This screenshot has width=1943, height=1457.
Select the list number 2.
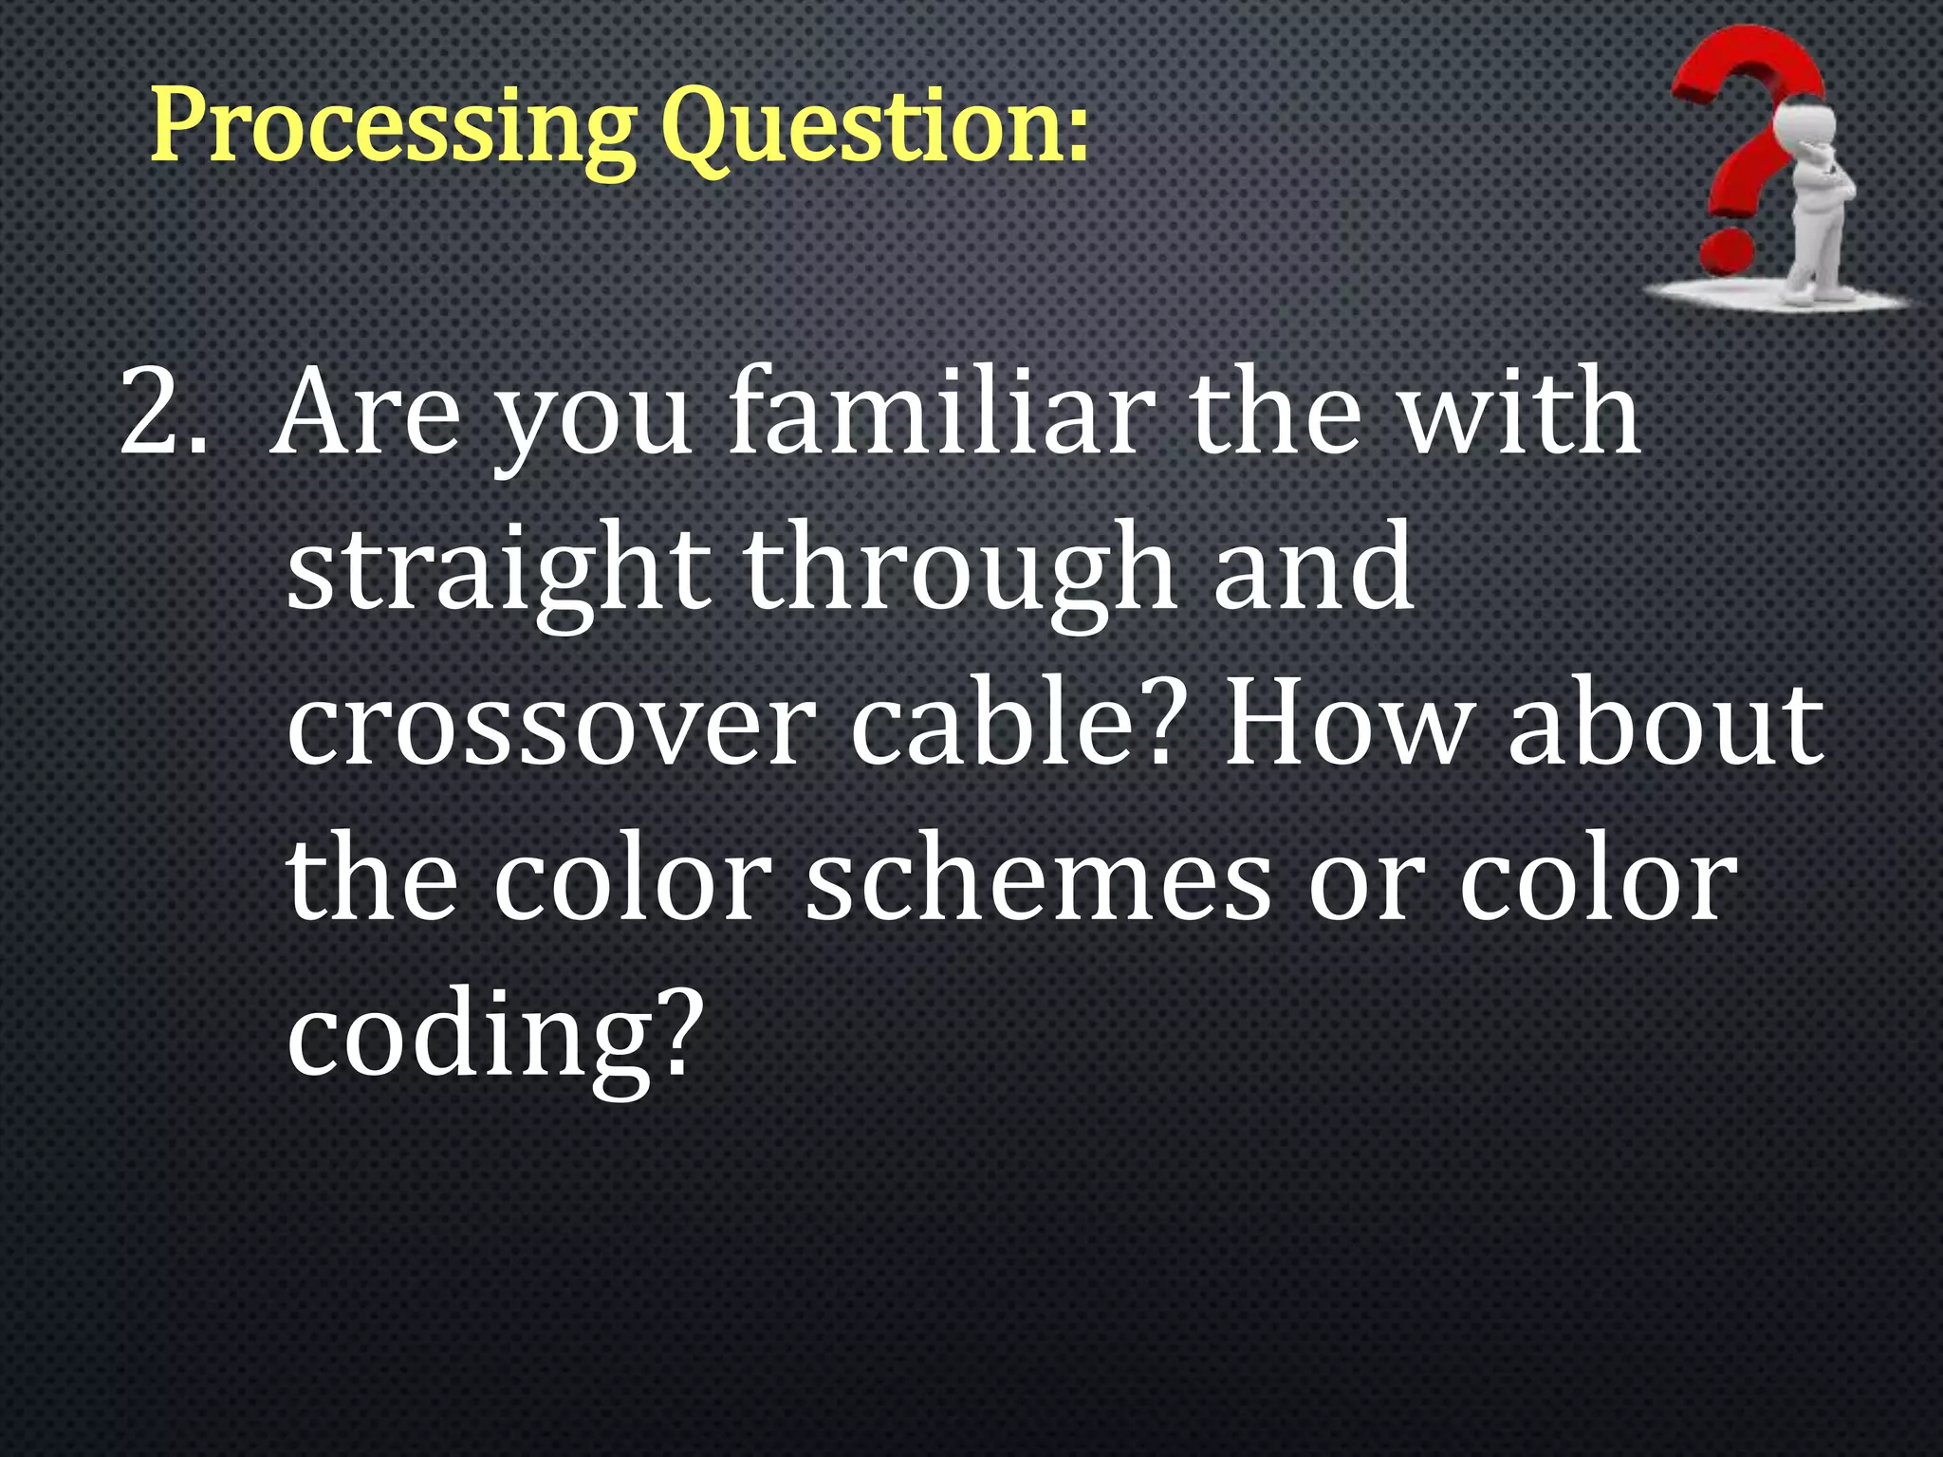[x=161, y=414]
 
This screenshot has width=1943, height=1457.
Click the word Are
[x=365, y=414]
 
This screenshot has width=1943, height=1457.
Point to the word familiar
[x=940, y=414]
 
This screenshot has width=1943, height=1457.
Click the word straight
[x=498, y=569]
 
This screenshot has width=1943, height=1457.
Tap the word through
[x=959, y=569]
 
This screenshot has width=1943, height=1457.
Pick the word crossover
[x=550, y=726]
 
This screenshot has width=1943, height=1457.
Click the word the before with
[x=1275, y=414]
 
